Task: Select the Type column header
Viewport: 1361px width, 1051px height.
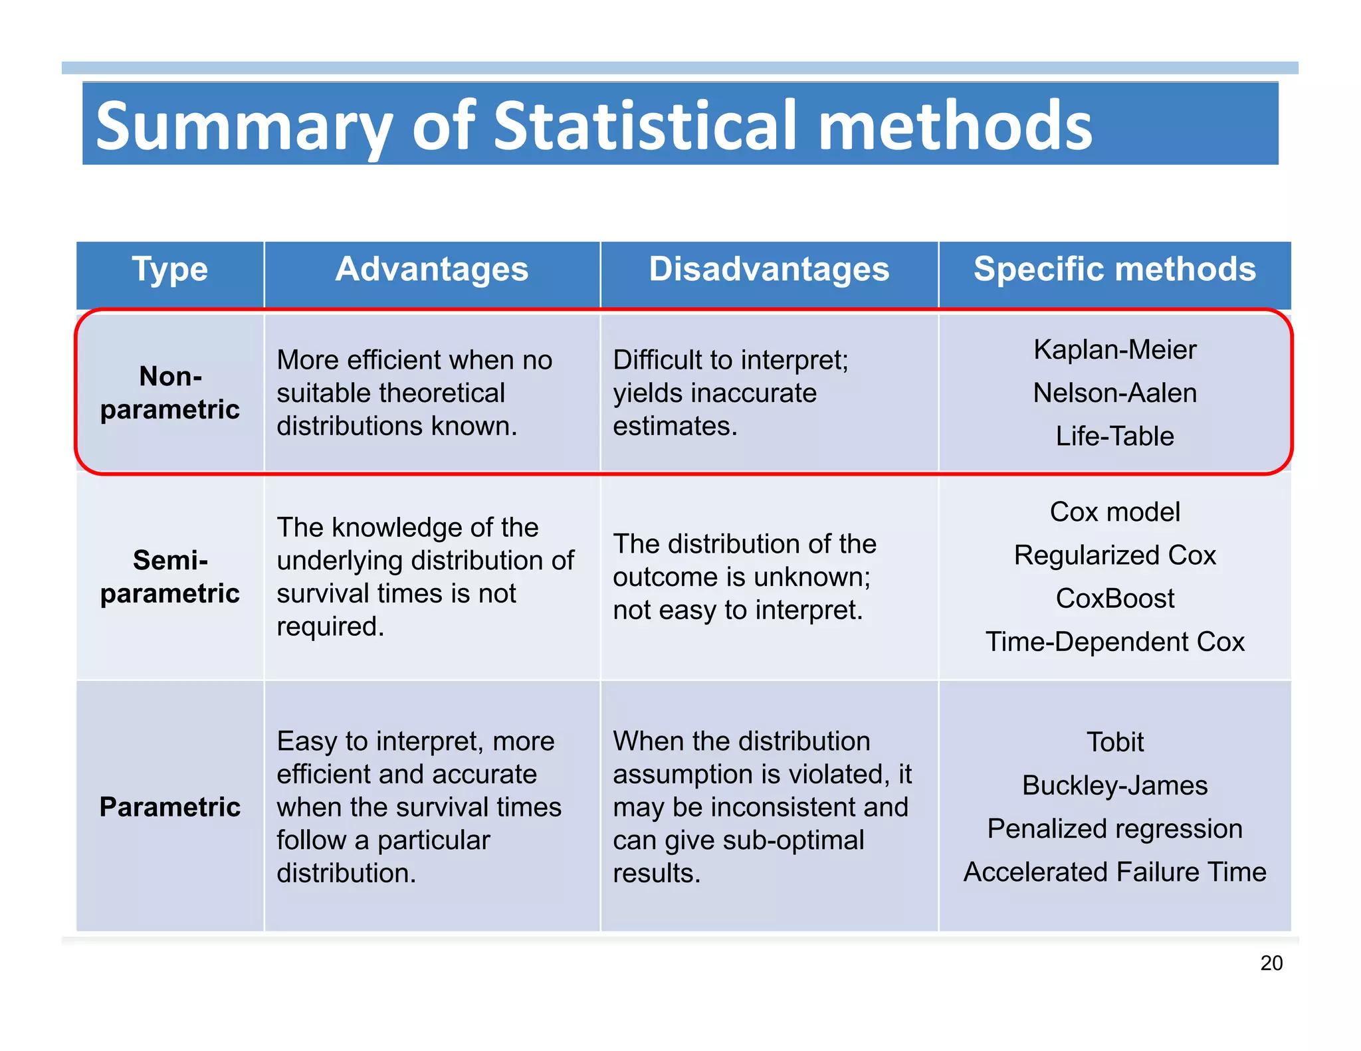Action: [170, 270]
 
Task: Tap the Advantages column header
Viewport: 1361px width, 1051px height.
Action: [432, 270]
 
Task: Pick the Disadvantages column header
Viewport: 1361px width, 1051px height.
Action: [769, 270]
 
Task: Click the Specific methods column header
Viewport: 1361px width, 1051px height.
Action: [1114, 270]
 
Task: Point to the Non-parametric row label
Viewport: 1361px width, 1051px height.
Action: [170, 393]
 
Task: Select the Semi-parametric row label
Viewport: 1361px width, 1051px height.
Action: [170, 577]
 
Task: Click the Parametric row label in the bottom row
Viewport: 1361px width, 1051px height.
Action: [170, 807]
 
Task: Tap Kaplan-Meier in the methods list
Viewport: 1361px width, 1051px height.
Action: [1114, 349]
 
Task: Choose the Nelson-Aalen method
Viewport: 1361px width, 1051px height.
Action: [1114, 393]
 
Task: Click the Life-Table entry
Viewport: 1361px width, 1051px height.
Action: [1114, 436]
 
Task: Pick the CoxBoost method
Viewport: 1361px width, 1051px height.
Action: [1114, 599]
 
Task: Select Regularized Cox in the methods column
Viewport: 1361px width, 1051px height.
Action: [1114, 555]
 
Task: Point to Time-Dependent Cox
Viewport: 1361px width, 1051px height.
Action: [1114, 642]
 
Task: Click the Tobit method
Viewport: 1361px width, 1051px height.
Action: [1114, 742]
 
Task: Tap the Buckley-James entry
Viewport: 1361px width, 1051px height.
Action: [1114, 785]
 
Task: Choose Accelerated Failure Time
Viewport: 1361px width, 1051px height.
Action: [1114, 872]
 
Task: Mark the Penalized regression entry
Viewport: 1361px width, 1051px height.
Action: [1114, 828]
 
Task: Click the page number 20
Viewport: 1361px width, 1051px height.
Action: [1271, 963]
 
